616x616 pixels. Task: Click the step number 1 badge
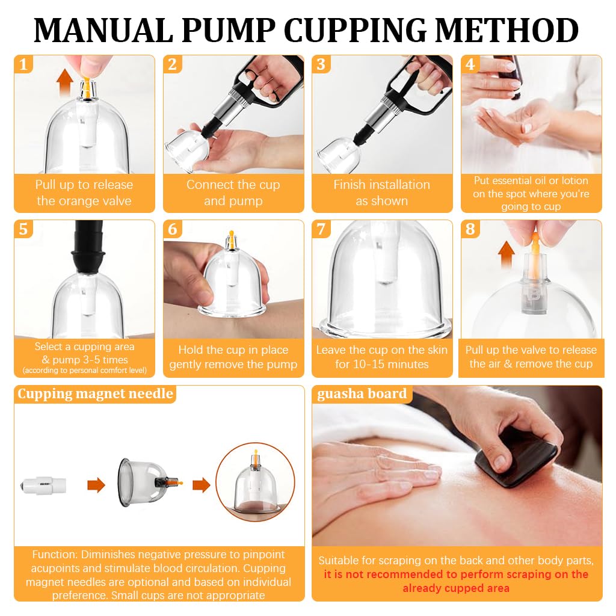pyautogui.click(x=23, y=64)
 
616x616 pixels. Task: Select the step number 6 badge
pyautogui.click(x=173, y=229)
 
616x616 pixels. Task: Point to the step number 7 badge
pyautogui.click(x=322, y=229)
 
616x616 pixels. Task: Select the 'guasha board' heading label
pyautogui.click(x=362, y=395)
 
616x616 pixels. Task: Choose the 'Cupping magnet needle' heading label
pyautogui.click(x=95, y=395)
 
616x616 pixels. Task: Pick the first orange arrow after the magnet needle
pyautogui.click(x=96, y=485)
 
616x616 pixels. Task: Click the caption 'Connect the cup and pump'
pyautogui.click(x=233, y=192)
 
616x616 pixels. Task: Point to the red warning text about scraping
pyautogui.click(x=456, y=581)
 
